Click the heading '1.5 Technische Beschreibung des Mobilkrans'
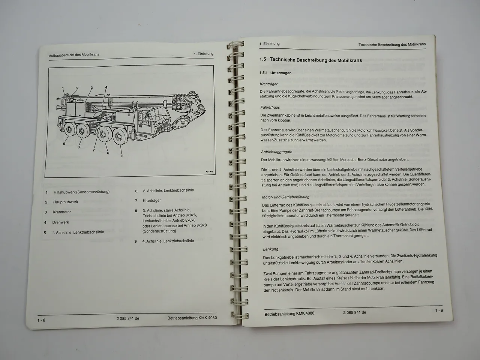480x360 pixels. [x=310, y=60]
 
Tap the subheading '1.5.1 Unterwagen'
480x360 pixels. [x=275, y=73]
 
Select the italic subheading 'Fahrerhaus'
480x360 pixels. [x=270, y=108]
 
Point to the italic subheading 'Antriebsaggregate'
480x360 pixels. [x=276, y=152]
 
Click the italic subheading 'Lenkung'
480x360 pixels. [x=270, y=249]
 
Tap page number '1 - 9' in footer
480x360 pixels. [x=439, y=310]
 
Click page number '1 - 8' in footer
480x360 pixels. [x=41, y=320]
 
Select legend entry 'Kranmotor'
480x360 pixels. [x=62, y=212]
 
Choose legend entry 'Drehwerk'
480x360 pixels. [x=61, y=222]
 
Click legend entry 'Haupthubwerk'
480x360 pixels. [x=66, y=202]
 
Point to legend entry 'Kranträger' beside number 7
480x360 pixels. [x=152, y=201]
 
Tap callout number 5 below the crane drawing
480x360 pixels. [x=122, y=156]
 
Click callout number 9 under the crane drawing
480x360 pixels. [x=64, y=144]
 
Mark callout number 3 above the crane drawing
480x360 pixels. [x=91, y=88]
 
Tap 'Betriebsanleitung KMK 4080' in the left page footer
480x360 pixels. [x=192, y=318]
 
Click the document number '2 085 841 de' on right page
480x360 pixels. [x=354, y=312]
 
